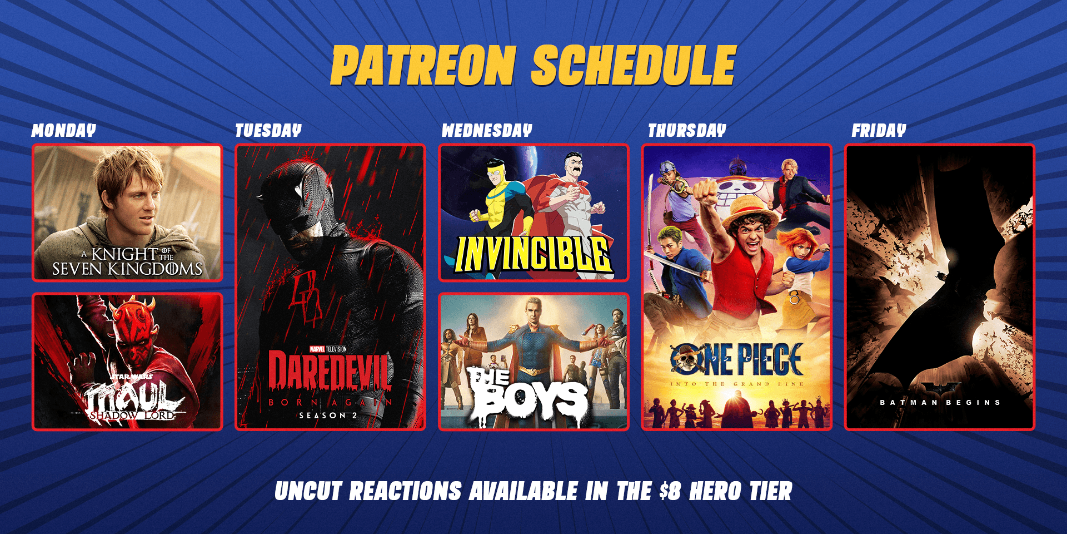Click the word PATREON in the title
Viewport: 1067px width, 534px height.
coord(423,66)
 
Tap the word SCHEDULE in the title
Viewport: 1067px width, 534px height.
coord(634,66)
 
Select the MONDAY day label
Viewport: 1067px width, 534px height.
coord(64,131)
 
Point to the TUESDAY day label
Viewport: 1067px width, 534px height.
coord(268,131)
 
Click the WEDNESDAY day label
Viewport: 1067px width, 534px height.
coord(487,131)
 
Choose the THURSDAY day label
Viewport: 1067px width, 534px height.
coord(687,131)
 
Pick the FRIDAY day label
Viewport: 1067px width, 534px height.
coord(879,131)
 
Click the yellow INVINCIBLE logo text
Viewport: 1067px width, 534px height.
coord(533,255)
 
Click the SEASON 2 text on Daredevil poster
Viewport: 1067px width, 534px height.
coord(328,416)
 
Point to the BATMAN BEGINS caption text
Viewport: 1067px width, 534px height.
coord(940,402)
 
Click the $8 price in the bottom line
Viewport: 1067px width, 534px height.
coord(670,492)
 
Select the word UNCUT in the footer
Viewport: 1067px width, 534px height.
coord(308,492)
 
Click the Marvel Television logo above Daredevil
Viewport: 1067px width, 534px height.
coord(328,349)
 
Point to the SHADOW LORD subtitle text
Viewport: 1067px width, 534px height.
coord(132,416)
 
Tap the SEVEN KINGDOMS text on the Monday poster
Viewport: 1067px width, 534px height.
coord(127,269)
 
